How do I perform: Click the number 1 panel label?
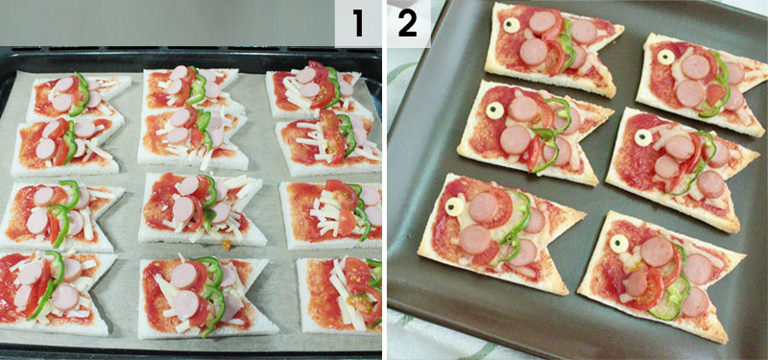click(x=358, y=23)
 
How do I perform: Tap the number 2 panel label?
click(x=407, y=23)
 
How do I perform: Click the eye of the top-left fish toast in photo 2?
click(x=512, y=26)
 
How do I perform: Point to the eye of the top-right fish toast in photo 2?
click(x=666, y=57)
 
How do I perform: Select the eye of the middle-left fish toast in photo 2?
click(x=494, y=110)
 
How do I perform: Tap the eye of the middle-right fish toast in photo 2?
click(x=643, y=137)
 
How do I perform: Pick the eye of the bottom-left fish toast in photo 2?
click(x=454, y=206)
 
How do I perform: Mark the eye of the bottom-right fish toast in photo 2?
click(x=619, y=244)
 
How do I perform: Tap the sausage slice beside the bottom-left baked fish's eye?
click(x=484, y=208)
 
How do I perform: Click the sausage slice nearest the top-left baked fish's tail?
click(x=584, y=32)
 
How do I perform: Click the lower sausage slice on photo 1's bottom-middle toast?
click(x=186, y=303)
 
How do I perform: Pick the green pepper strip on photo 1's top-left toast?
click(x=81, y=95)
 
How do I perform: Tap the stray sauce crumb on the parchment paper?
click(x=225, y=244)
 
